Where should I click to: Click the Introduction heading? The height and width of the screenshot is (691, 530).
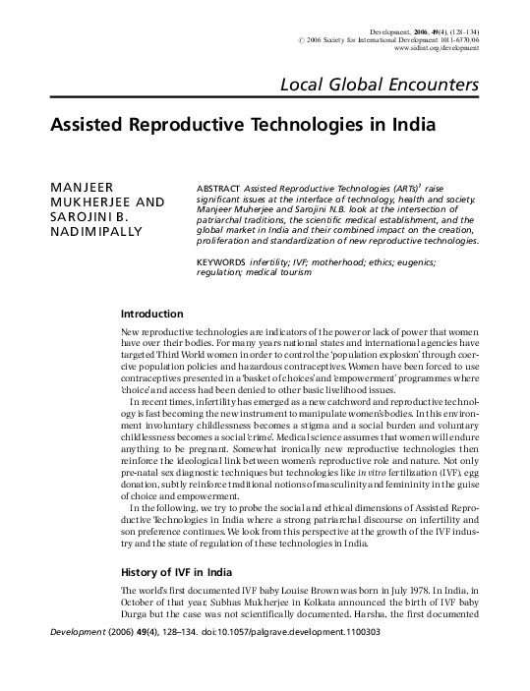151,315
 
